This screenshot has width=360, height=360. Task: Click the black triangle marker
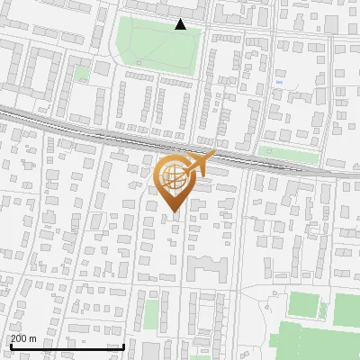click(x=180, y=24)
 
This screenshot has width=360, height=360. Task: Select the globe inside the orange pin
click(x=173, y=175)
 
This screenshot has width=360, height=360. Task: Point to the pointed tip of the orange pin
click(x=173, y=212)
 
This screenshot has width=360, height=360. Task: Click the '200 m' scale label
click(x=23, y=338)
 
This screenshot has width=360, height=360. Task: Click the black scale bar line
click(x=67, y=346)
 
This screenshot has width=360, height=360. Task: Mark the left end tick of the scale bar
click(x=10, y=345)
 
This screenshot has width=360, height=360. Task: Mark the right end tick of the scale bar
click(x=123, y=345)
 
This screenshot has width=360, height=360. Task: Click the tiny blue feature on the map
click(x=279, y=83)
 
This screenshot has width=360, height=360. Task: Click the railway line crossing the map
click(x=90, y=126)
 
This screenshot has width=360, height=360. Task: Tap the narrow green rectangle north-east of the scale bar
click(x=150, y=313)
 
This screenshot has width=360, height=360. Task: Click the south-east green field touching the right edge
click(x=347, y=310)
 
